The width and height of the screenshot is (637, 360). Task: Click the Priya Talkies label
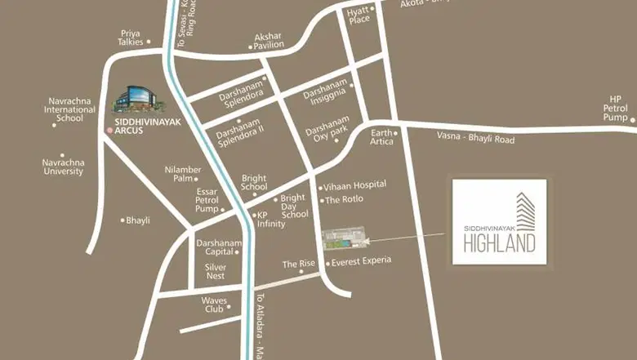tap(131, 38)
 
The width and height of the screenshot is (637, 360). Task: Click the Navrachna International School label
tap(69, 109)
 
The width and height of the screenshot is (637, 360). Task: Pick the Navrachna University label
tap(63, 167)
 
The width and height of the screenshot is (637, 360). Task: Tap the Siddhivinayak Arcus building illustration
tap(136, 100)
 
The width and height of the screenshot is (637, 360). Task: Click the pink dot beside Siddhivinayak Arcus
tap(108, 130)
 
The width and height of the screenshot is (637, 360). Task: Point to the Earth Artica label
tap(381, 136)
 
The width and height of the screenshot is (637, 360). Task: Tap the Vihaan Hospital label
tap(355, 185)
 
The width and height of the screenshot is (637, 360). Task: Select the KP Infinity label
tap(270, 220)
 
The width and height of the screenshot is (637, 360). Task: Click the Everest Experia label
tap(363, 261)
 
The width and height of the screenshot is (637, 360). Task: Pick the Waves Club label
tap(214, 304)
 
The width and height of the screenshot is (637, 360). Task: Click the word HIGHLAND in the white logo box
tap(499, 242)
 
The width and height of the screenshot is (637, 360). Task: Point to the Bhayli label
tap(138, 220)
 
